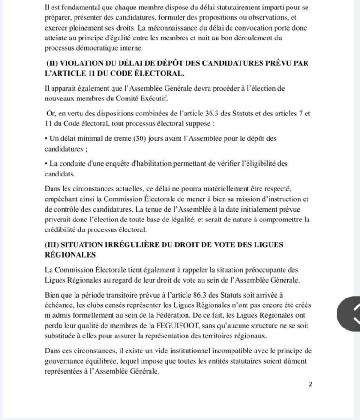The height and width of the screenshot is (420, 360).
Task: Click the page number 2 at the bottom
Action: [x=310, y=384]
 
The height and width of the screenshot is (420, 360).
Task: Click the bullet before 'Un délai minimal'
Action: [x=46, y=139]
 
